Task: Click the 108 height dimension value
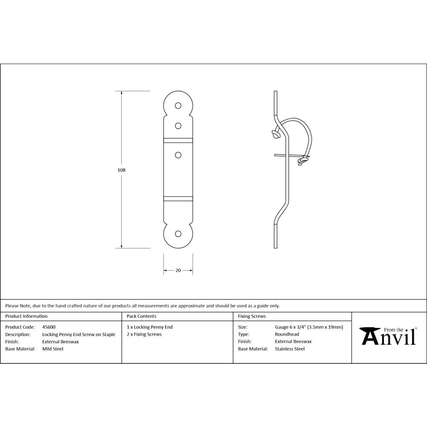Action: pos(121,170)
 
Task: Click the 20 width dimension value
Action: pos(178,270)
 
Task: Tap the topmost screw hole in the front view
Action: pos(178,105)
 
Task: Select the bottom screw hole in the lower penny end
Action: pos(178,234)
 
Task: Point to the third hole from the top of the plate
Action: pos(178,155)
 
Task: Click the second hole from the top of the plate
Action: pos(178,126)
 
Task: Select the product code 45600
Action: pos(49,327)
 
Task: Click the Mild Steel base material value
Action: pos(53,349)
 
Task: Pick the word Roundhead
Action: pos(287,334)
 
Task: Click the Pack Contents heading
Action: pos(141,316)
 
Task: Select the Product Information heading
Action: pos(26,316)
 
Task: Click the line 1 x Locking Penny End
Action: pos(150,327)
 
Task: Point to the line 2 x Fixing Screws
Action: pos(144,334)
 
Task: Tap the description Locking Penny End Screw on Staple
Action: pos(79,334)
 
